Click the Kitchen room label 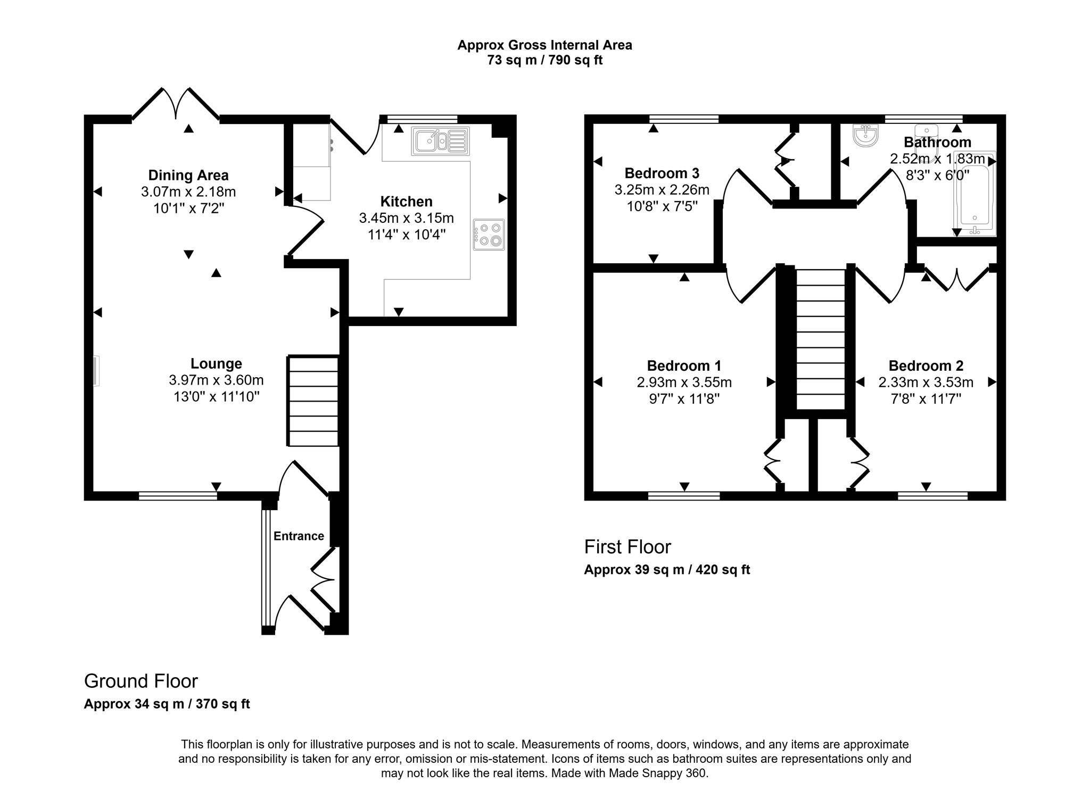pos(406,202)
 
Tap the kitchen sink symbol pos(440,141)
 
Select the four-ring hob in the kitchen pos(489,235)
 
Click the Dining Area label pos(188,175)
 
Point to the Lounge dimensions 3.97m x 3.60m pos(216,380)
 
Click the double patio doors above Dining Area pos(176,104)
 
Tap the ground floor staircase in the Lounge pos(313,401)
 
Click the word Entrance pos(299,536)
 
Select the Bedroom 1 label pos(684,366)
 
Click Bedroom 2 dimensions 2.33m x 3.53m pos(926,382)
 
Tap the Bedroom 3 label pos(662,173)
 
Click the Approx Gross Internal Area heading pos(544,45)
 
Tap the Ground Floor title pos(141,681)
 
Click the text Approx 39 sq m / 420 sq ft pos(667,570)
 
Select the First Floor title pos(627,547)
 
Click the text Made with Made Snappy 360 pos(630,773)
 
